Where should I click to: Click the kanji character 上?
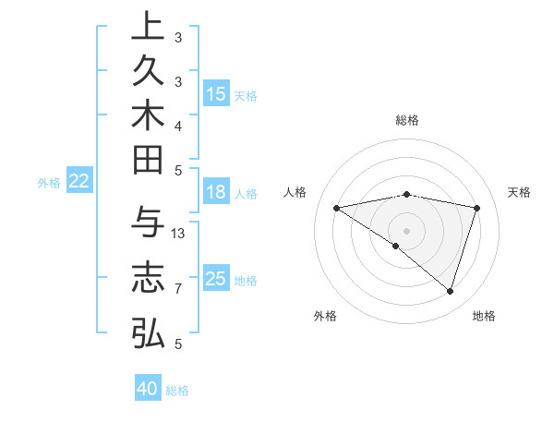148,28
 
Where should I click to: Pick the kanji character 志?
148,278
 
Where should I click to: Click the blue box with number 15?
216,93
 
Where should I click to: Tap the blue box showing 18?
216,192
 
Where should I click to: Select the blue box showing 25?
216,279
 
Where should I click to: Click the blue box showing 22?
79,181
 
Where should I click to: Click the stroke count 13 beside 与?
179,233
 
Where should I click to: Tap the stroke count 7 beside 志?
178,289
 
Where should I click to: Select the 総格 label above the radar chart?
406,120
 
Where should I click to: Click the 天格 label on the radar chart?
520,192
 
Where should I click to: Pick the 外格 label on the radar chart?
325,316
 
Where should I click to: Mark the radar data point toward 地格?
450,292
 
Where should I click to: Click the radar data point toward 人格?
336,208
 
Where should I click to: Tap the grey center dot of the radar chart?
406,230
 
